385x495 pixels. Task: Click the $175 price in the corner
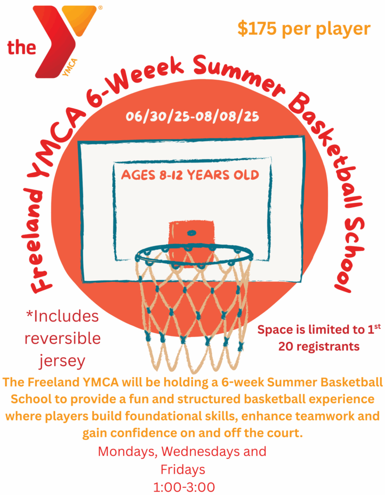pyautogui.click(x=257, y=29)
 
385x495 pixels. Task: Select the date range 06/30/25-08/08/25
pyautogui.click(x=192, y=116)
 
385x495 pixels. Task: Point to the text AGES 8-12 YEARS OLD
pyautogui.click(x=190, y=175)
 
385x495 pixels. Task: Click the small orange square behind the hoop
pyautogui.click(x=191, y=243)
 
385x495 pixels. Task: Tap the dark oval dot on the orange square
pyautogui.click(x=192, y=233)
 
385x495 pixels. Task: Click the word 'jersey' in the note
pyautogui.click(x=62, y=361)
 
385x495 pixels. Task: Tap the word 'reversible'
pyautogui.click(x=62, y=338)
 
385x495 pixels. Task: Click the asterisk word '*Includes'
pyautogui.click(x=62, y=316)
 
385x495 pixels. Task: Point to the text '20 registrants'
pyautogui.click(x=319, y=347)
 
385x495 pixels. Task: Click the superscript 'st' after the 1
pyautogui.click(x=377, y=326)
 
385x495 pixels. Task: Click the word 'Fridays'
pyautogui.click(x=183, y=469)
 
